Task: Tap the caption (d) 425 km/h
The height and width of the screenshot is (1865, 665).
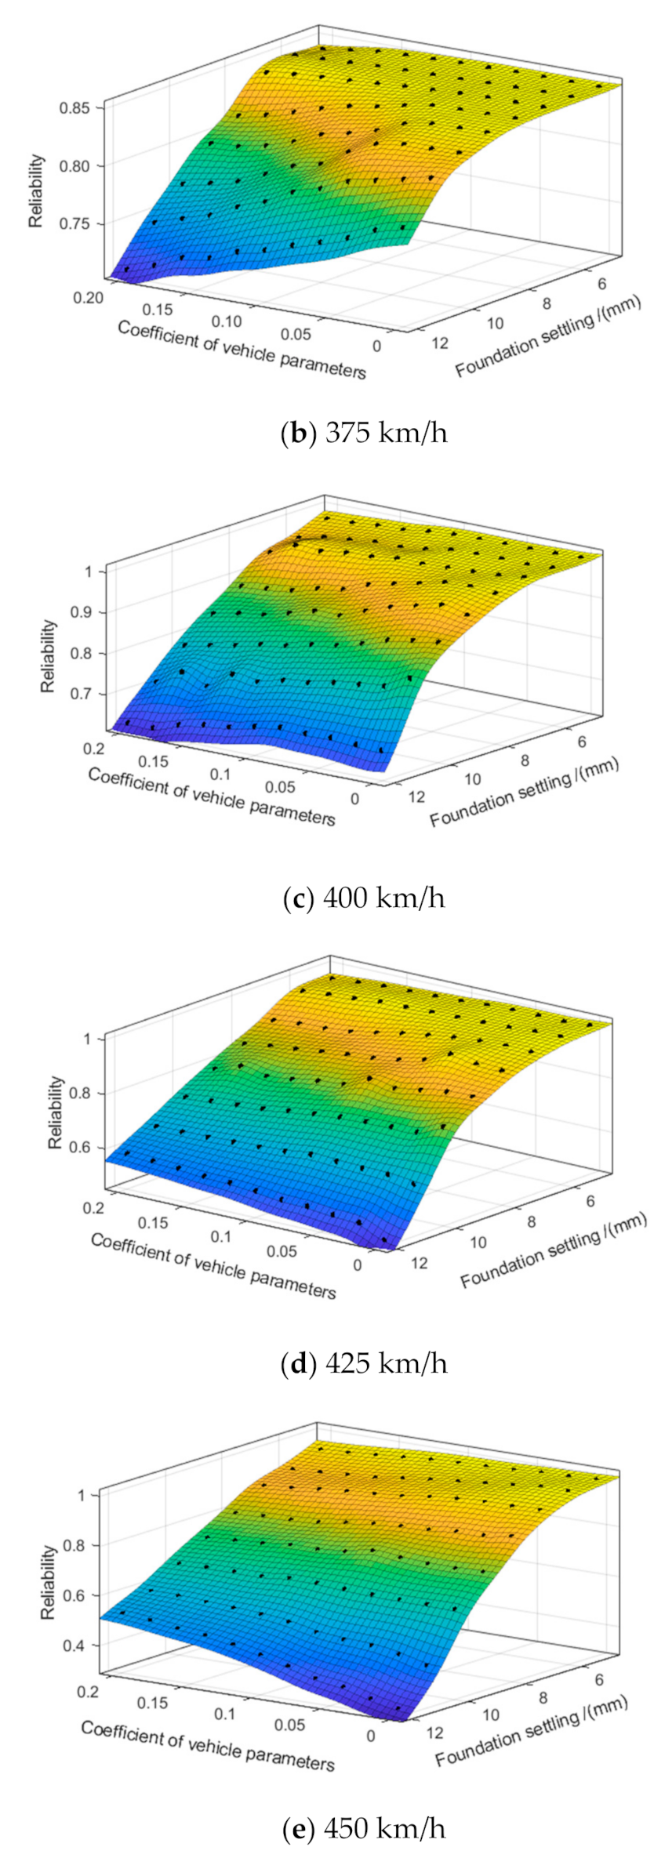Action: [x=364, y=1363]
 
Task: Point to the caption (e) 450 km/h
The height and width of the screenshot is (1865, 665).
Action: [x=363, y=1828]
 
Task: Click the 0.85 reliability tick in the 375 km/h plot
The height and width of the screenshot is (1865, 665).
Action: [x=75, y=107]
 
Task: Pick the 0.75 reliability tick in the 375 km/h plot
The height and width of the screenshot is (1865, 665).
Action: [x=75, y=223]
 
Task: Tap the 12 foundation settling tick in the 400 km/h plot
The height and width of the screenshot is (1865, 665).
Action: [x=415, y=797]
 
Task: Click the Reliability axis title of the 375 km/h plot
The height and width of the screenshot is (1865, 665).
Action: [x=36, y=191]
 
